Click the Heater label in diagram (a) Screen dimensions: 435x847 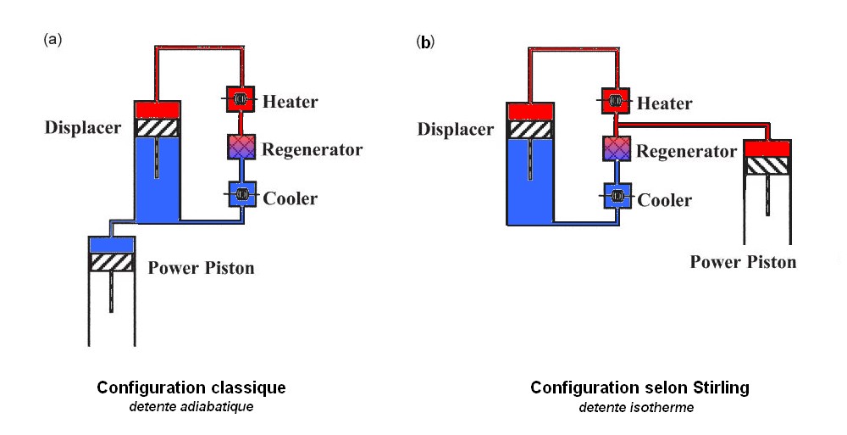(x=290, y=102)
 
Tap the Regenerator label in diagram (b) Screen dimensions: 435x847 (x=686, y=152)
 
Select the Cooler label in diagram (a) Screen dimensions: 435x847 (x=290, y=198)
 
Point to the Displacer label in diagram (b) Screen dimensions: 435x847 (x=455, y=129)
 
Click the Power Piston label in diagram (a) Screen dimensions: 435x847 (x=201, y=268)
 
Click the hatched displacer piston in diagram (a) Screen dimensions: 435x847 (x=158, y=127)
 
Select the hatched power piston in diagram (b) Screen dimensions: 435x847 (x=767, y=166)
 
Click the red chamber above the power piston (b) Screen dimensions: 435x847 (x=767, y=148)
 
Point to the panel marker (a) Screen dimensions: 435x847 (x=53, y=40)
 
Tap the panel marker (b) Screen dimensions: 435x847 (x=425, y=41)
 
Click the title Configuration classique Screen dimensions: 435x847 (x=191, y=388)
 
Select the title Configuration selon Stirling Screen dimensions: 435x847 (x=639, y=388)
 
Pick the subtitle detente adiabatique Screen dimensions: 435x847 (x=191, y=407)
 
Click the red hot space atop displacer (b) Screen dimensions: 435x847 (x=529, y=111)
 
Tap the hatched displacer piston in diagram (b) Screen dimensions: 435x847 (x=529, y=130)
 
